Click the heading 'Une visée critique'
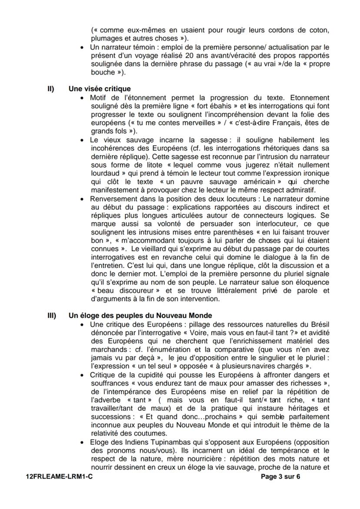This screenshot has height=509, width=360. click(x=100, y=89)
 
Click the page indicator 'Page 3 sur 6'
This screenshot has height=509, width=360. click(x=280, y=476)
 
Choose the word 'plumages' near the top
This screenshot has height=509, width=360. click(x=105, y=38)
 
